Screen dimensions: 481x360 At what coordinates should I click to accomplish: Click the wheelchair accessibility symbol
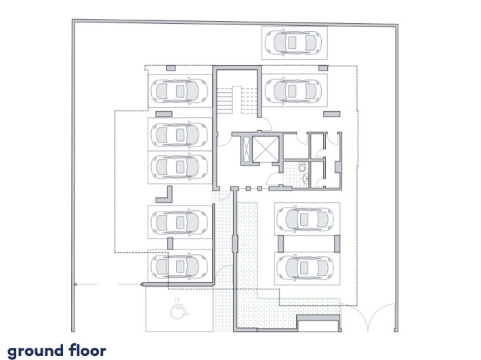click(x=179, y=308)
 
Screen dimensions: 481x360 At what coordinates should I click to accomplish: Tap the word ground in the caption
click(x=35, y=351)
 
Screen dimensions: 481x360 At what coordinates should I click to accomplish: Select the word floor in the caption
click(x=87, y=350)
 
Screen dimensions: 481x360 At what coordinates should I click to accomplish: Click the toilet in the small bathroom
click(x=302, y=167)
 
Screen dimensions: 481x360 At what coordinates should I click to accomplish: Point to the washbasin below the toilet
click(x=306, y=178)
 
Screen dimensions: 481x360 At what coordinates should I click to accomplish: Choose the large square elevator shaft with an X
click(x=266, y=149)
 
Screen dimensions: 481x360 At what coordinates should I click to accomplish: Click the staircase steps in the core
click(x=237, y=100)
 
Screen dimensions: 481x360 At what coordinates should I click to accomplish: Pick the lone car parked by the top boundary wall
click(x=293, y=42)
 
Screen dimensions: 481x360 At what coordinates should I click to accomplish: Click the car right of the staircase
click(x=293, y=91)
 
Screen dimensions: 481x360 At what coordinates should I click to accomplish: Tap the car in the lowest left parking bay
click(x=179, y=266)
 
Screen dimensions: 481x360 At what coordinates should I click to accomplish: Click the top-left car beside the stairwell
click(x=179, y=91)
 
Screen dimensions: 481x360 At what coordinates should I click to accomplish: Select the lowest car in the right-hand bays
click(x=306, y=268)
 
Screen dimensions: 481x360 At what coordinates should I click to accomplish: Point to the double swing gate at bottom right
click(x=368, y=316)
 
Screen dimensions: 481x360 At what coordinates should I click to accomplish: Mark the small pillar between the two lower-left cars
click(x=170, y=243)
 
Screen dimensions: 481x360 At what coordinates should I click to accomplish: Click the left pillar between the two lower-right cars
click(x=280, y=243)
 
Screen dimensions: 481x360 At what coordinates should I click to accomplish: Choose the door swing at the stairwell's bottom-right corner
click(x=266, y=123)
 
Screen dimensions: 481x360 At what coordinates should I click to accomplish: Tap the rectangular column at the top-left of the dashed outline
click(x=171, y=68)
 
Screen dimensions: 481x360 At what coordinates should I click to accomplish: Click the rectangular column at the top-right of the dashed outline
click(x=323, y=68)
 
